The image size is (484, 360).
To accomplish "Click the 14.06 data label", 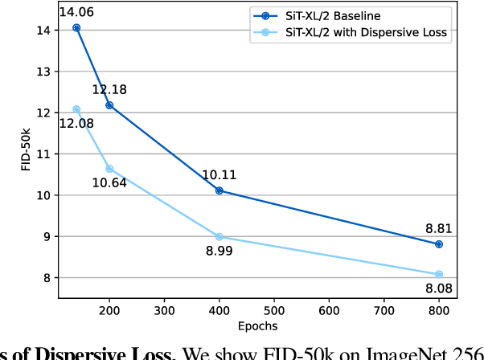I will pyautogui.click(x=77, y=11).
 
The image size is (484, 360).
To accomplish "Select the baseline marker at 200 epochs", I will pyautogui.click(x=109, y=105).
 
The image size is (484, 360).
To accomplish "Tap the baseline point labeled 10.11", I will pyautogui.click(x=219, y=190).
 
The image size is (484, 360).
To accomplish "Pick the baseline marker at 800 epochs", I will pyautogui.click(x=439, y=244).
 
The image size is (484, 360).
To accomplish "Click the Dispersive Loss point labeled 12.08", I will pyautogui.click(x=76, y=109).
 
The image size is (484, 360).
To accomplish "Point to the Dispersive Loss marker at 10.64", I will pyautogui.click(x=109, y=169).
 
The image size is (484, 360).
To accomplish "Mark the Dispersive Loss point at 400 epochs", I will pyautogui.click(x=219, y=237).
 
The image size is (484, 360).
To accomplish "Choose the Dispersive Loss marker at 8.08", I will pyautogui.click(x=439, y=274).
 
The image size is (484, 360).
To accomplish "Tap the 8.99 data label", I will pyautogui.click(x=219, y=252).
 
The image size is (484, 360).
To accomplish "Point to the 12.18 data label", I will pyautogui.click(x=109, y=89).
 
